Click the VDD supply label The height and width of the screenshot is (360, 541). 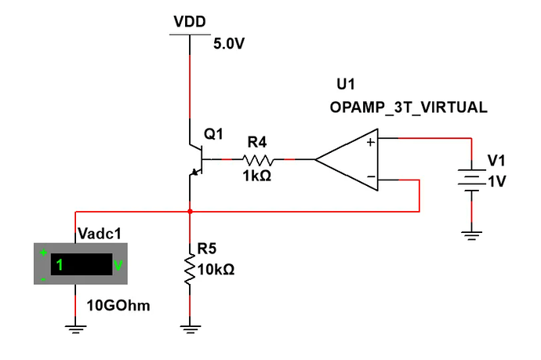tap(190, 21)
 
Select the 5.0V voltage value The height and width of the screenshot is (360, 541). tap(230, 44)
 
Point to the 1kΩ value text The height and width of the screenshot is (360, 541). tap(257, 176)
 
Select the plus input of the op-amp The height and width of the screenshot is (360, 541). tap(370, 142)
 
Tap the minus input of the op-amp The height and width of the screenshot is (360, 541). tap(370, 178)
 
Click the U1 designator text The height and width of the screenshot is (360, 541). tap(346, 84)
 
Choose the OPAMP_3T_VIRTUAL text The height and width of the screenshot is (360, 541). tap(408, 107)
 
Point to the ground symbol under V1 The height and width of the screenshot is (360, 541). tap(470, 234)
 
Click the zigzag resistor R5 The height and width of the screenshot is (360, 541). tap(190, 267)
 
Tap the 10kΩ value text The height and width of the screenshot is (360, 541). tap(216, 269)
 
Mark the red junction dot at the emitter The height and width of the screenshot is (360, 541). tap(190, 211)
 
